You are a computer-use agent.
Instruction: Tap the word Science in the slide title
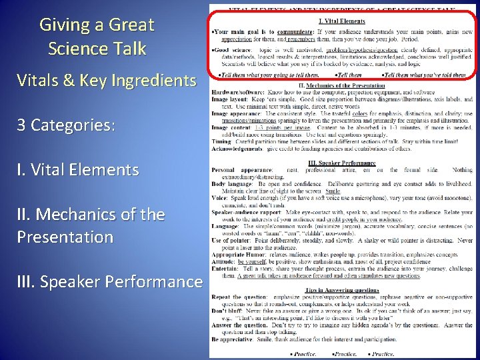(x=74, y=49)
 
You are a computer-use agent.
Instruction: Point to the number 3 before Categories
(x=21, y=125)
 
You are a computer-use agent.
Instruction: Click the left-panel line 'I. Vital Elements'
(x=77, y=170)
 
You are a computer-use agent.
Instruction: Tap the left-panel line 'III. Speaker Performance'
(x=109, y=282)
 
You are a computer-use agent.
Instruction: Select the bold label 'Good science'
(x=231, y=50)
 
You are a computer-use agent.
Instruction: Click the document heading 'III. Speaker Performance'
(x=341, y=163)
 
